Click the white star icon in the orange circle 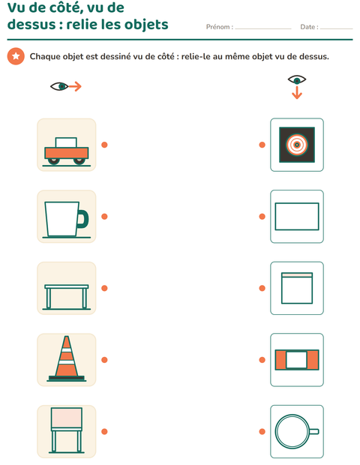16,56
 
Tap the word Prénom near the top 217,27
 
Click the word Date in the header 307,27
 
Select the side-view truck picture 67,151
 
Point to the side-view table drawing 67,297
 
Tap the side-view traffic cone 67,358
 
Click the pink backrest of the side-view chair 67,418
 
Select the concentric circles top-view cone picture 297,145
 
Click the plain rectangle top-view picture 297,217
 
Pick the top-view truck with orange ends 297,360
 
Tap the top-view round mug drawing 297,431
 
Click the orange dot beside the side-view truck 104,145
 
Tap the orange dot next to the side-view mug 104,217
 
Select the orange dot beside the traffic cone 104,360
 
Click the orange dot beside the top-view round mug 262,431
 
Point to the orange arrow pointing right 75,86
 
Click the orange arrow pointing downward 297,92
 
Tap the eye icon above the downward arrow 297,79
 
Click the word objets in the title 146,25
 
